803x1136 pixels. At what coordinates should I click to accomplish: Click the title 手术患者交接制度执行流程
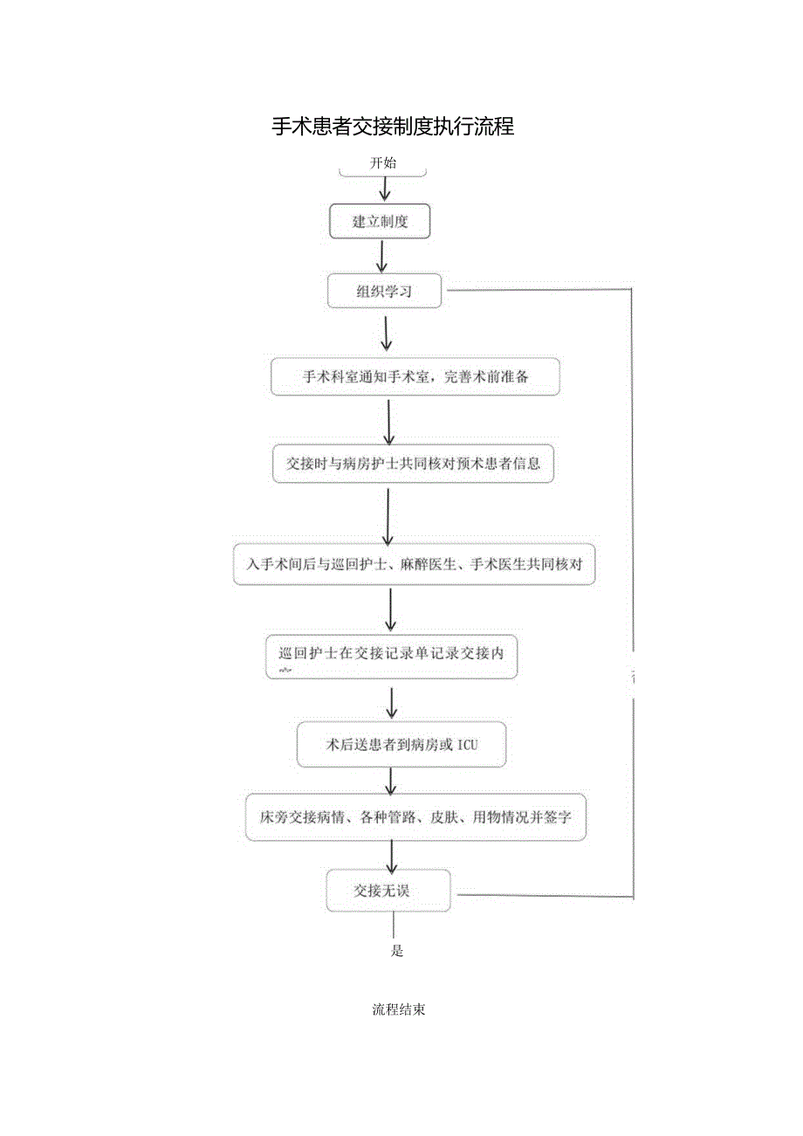pyautogui.click(x=393, y=127)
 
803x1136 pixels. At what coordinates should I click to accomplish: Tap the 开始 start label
pyautogui.click(x=382, y=163)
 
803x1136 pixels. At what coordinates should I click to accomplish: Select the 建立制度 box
pyautogui.click(x=381, y=222)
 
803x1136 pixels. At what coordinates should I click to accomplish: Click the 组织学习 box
pyautogui.click(x=384, y=292)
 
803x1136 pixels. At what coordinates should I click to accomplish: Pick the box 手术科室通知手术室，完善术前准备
pyautogui.click(x=415, y=377)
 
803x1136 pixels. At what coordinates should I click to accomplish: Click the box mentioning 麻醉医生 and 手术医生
pyautogui.click(x=415, y=565)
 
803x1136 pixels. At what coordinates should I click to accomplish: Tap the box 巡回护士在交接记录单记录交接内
pyautogui.click(x=391, y=656)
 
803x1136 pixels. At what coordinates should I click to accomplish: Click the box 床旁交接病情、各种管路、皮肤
pyautogui.click(x=415, y=818)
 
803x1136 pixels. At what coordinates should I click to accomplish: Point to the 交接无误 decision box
pyautogui.click(x=388, y=891)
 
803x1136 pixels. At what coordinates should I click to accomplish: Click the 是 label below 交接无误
pyautogui.click(x=397, y=952)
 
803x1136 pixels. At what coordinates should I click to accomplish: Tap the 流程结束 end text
pyautogui.click(x=399, y=1010)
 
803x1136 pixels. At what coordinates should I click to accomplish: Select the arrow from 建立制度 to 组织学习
pyautogui.click(x=381, y=256)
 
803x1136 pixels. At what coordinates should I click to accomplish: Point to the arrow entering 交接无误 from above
pyautogui.click(x=392, y=856)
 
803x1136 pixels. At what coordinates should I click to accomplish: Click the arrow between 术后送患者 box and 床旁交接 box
pyautogui.click(x=391, y=780)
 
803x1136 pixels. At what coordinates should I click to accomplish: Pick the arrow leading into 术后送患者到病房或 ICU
pyautogui.click(x=392, y=704)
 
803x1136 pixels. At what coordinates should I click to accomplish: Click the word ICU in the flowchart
pyautogui.click(x=468, y=746)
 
